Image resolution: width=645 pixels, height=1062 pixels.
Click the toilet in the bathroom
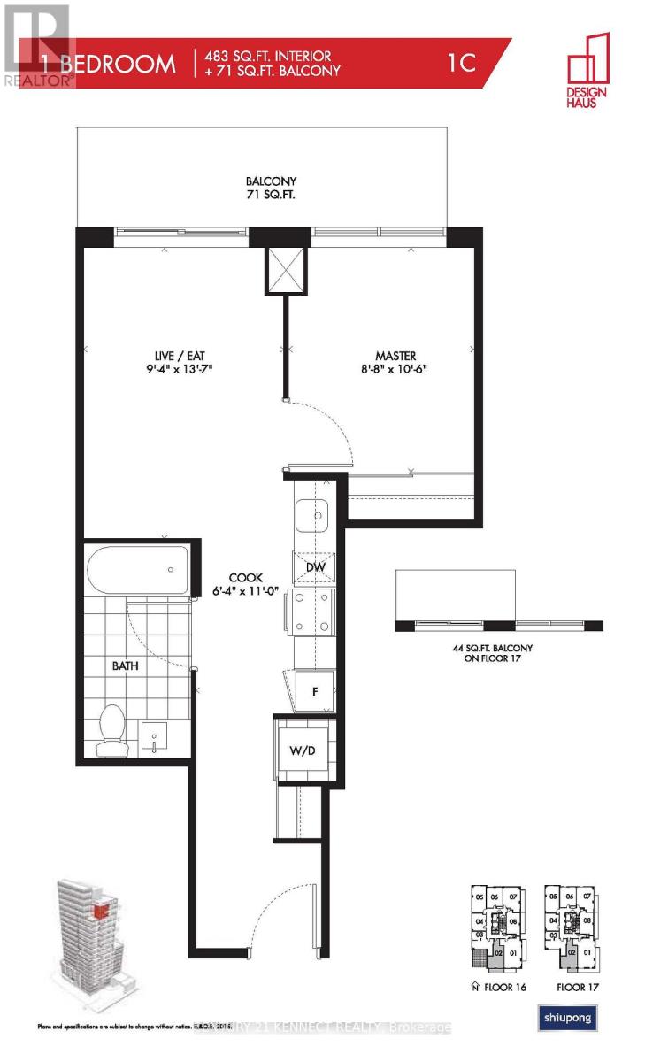[111, 732]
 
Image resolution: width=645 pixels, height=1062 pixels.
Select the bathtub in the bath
[137, 571]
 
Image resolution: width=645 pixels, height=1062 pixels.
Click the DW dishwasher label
[314, 567]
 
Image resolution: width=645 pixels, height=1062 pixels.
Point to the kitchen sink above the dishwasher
[311, 514]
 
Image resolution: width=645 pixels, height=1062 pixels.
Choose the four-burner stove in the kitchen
[311, 612]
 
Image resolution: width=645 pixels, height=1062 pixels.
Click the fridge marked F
[316, 688]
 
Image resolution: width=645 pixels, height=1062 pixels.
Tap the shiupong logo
[567, 1019]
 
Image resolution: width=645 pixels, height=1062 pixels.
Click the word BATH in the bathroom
[125, 666]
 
